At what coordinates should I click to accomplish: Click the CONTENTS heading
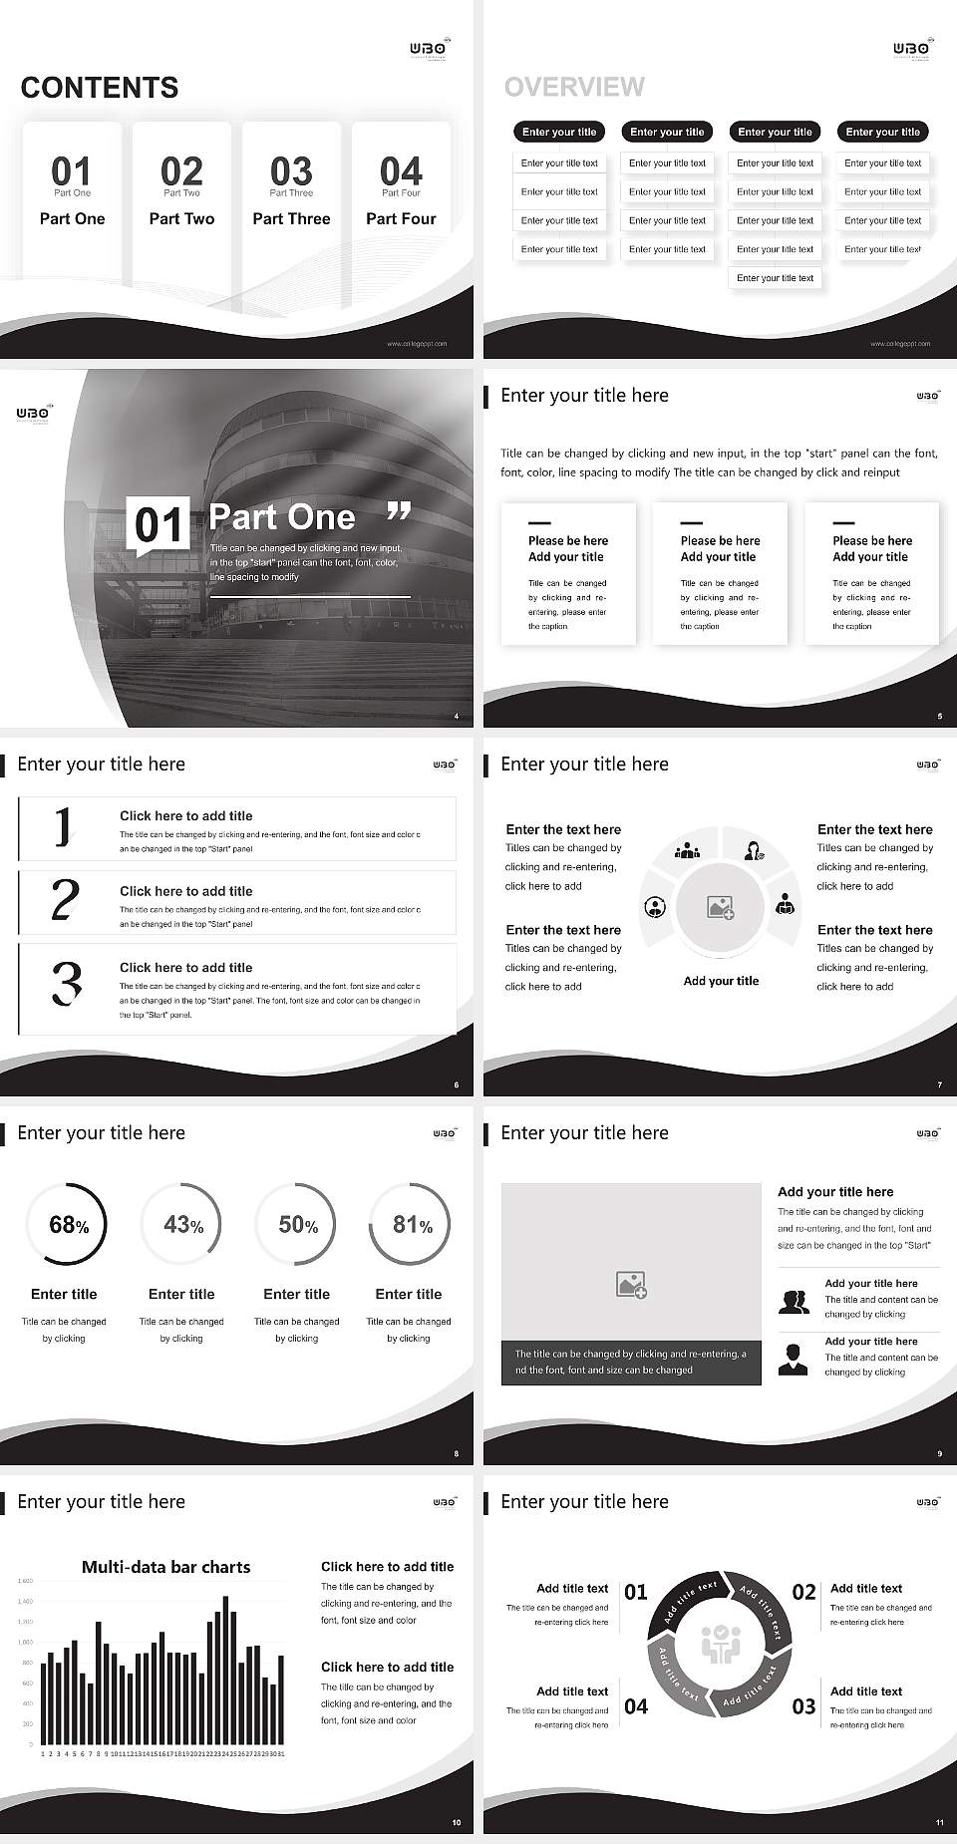[x=99, y=88]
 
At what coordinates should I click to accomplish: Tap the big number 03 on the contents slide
[x=291, y=170]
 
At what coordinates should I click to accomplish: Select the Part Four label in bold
[x=401, y=218]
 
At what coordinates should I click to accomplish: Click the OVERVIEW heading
[x=574, y=87]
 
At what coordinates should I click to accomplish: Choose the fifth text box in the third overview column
[x=775, y=278]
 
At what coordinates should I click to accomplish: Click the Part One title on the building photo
[x=282, y=516]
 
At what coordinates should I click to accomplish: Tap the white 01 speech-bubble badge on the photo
[x=159, y=524]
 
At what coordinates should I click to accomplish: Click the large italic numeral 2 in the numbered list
[x=65, y=900]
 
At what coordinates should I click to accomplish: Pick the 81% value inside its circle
[x=412, y=1224]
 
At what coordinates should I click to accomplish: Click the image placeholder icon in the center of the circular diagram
[x=721, y=907]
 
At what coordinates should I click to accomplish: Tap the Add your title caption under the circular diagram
[x=721, y=981]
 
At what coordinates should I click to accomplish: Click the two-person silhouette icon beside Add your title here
[x=794, y=1302]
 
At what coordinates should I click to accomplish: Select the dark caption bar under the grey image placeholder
[x=631, y=1363]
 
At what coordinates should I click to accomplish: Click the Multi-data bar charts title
[x=165, y=1567]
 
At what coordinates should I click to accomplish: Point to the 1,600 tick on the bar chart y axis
[x=25, y=1581]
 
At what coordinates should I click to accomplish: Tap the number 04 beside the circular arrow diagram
[x=636, y=1706]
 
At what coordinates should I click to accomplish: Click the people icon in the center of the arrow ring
[x=720, y=1645]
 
